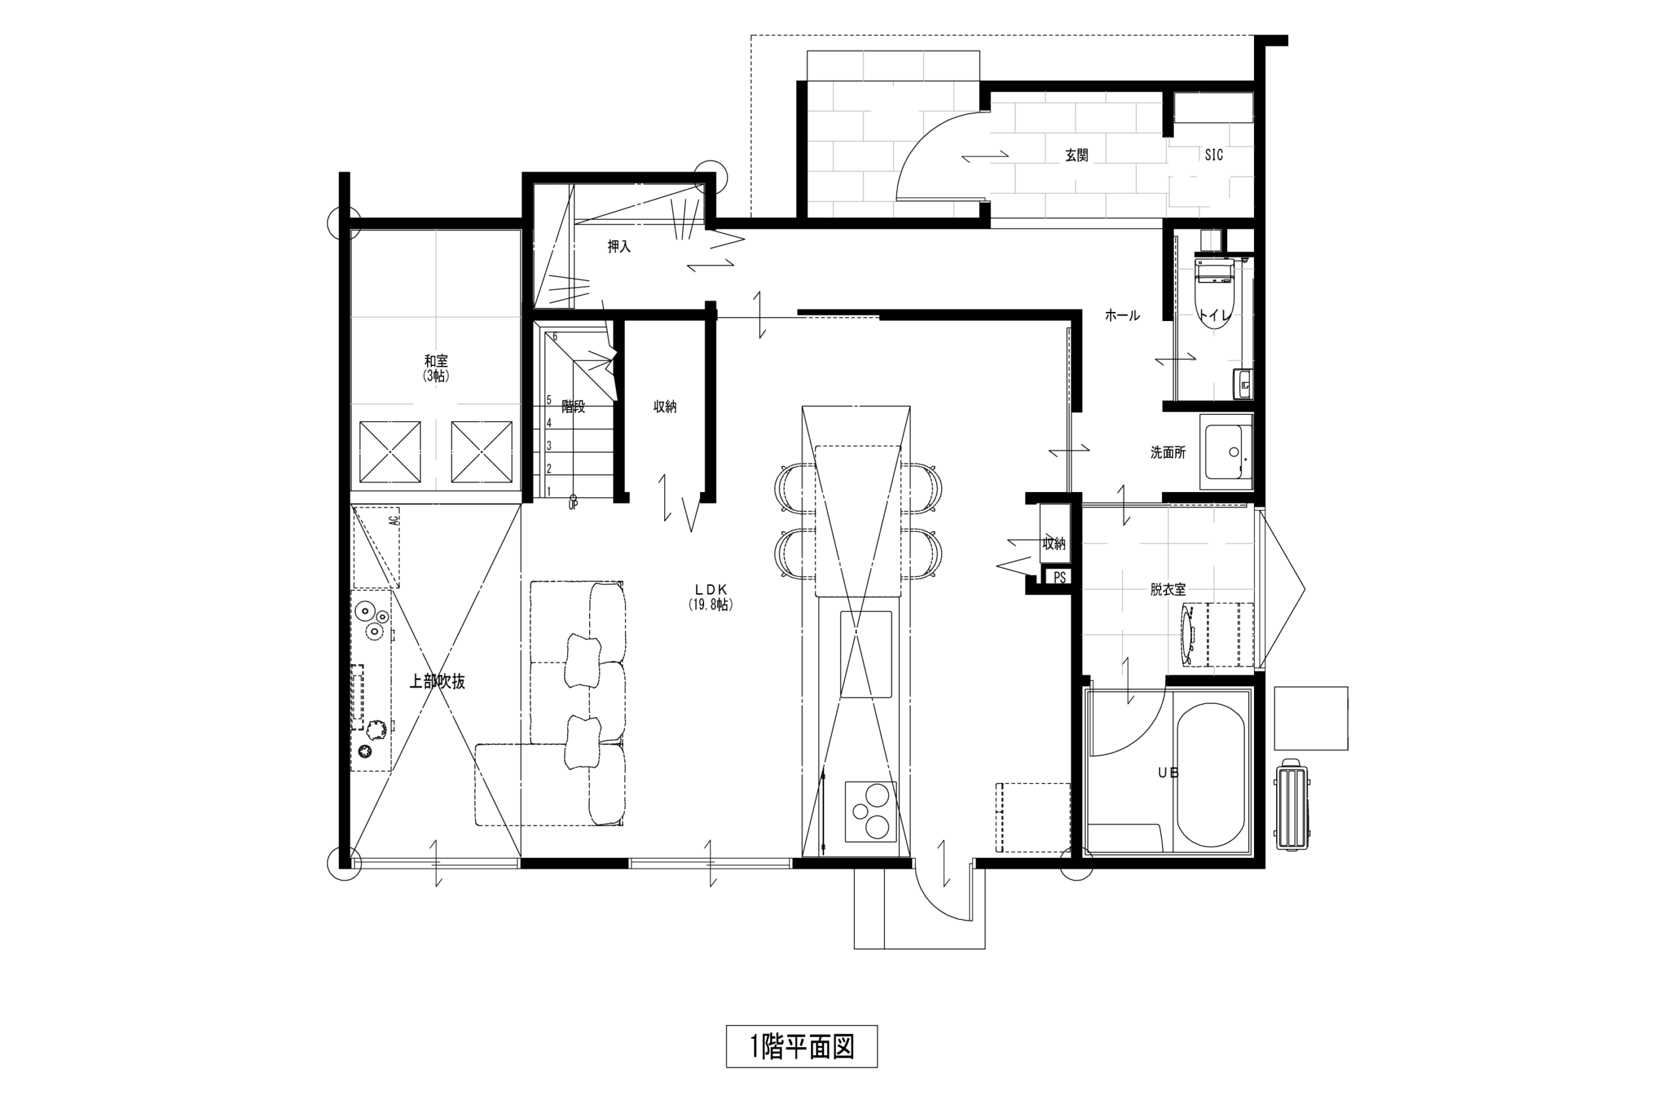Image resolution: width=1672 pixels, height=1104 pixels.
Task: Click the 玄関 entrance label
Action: (x=1076, y=155)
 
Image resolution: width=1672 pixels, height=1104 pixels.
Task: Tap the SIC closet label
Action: (x=1214, y=155)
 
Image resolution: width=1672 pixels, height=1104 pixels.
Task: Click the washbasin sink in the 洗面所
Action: (x=1227, y=452)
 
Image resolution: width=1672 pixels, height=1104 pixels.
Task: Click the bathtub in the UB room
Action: (x=1210, y=775)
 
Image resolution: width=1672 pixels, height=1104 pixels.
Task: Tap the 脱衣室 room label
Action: (x=1168, y=590)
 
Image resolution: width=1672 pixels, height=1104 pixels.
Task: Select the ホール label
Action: (x=1121, y=315)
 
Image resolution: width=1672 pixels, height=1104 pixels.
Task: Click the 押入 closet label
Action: (x=619, y=247)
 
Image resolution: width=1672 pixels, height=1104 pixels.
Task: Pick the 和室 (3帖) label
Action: (x=436, y=368)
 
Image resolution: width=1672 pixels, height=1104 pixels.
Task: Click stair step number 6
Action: (x=555, y=337)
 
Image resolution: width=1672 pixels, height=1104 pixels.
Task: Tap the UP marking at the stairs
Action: (x=572, y=506)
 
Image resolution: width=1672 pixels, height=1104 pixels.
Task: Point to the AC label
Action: (x=394, y=520)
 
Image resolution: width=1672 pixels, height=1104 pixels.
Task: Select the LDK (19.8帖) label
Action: (x=710, y=596)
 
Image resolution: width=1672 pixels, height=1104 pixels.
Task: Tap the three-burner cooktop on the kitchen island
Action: (x=870, y=811)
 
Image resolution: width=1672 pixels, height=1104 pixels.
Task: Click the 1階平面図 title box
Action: (x=801, y=1047)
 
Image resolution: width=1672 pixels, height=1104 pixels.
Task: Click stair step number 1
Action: (x=549, y=491)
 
